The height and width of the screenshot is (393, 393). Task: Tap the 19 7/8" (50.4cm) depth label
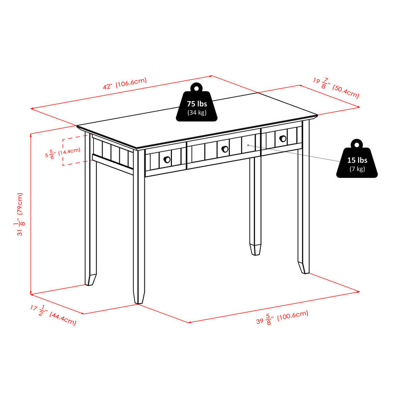coord(336,87)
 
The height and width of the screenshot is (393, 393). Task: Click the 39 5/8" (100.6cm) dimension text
coord(282,318)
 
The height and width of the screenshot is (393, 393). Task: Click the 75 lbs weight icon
coord(196,105)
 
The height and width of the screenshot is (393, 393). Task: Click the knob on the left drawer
coord(167,160)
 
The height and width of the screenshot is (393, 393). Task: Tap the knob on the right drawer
coord(282,139)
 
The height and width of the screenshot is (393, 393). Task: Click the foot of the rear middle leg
coord(254,249)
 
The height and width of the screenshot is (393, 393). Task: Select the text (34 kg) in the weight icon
coord(196,113)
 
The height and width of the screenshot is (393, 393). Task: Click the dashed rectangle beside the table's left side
coord(71,152)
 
